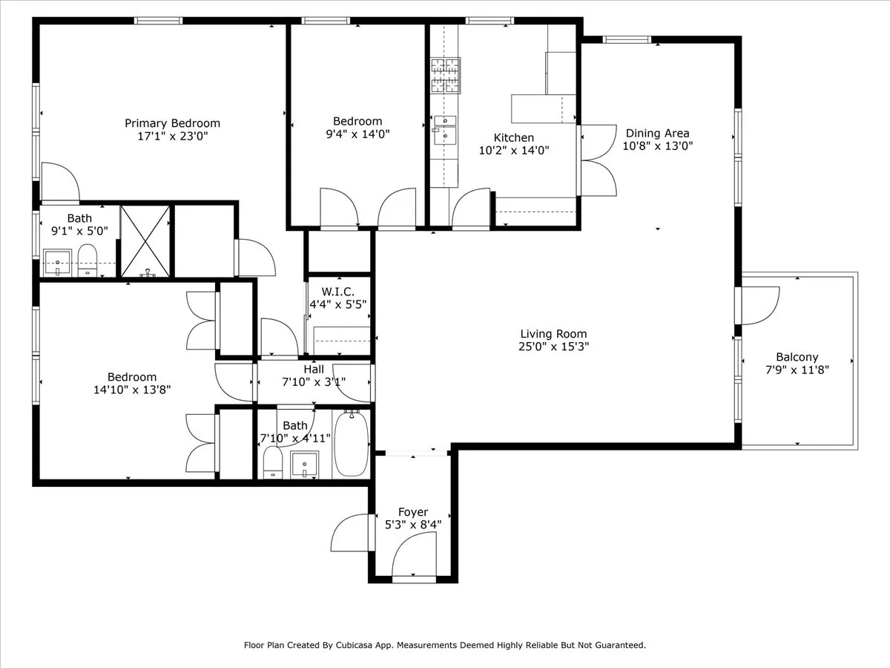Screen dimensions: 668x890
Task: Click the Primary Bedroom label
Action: click(172, 123)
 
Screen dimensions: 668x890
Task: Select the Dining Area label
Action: click(658, 134)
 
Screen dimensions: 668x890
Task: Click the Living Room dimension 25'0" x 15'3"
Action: click(553, 347)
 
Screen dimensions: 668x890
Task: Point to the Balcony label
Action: click(797, 357)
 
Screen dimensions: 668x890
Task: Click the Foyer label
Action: click(413, 512)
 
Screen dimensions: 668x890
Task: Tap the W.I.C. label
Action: click(338, 291)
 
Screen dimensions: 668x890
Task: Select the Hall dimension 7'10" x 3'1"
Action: click(314, 382)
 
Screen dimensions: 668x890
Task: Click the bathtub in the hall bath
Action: click(352, 444)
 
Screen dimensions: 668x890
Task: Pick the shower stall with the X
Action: click(146, 241)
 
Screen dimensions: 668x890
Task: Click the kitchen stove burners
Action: click(445, 75)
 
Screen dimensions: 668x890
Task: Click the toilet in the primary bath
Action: click(88, 262)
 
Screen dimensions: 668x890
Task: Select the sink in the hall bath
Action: click(303, 465)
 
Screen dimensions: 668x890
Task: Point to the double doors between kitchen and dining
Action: click(597, 160)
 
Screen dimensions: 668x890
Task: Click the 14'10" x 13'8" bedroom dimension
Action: click(132, 390)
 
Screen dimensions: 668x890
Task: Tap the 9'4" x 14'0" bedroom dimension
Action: click(357, 134)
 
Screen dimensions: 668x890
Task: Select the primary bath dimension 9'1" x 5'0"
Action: click(79, 231)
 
